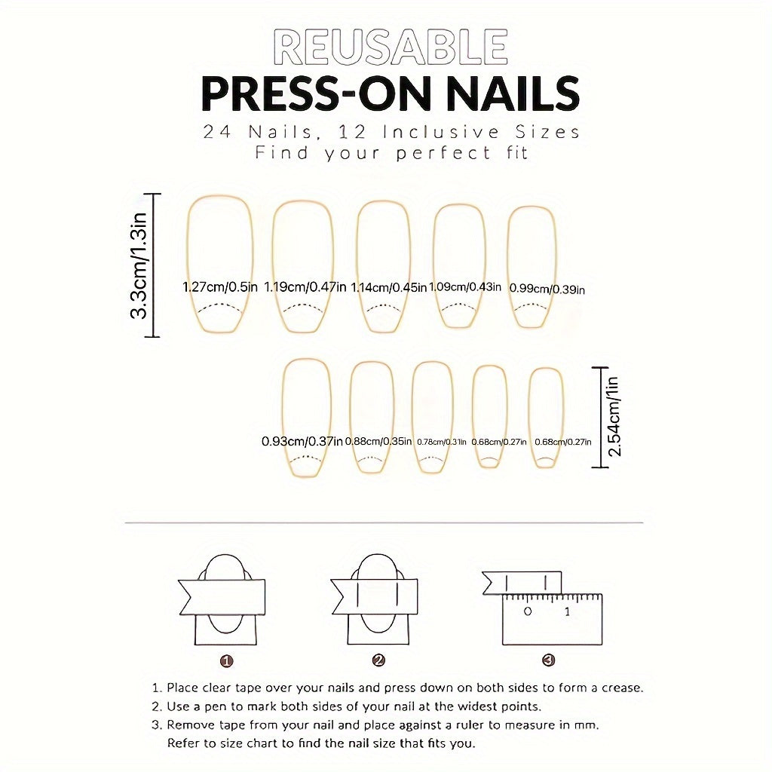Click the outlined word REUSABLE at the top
tap(390, 47)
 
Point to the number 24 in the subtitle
tap(216, 132)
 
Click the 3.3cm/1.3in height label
tap(141, 265)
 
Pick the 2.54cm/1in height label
tap(613, 416)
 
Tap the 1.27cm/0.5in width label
tap(220, 286)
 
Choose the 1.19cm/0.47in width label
tap(305, 286)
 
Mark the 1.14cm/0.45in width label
tap(388, 286)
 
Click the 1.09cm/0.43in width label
tap(464, 286)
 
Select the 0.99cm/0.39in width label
tap(547, 288)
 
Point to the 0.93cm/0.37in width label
tap(302, 441)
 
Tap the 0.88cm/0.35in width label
tap(378, 441)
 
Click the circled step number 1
tap(226, 660)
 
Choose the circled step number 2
tap(378, 660)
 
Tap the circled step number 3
tap(548, 660)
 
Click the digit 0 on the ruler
tap(528, 611)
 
